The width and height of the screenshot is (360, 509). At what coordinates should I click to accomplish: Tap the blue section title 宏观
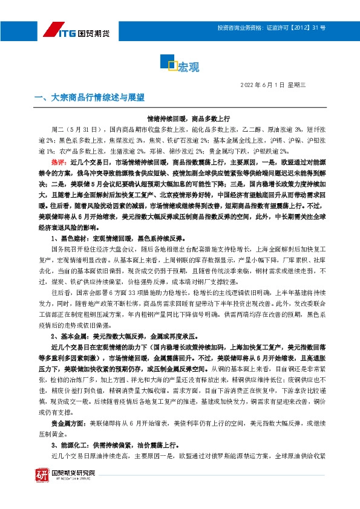click(189, 66)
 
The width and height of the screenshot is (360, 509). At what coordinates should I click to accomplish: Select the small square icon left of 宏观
click(171, 65)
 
